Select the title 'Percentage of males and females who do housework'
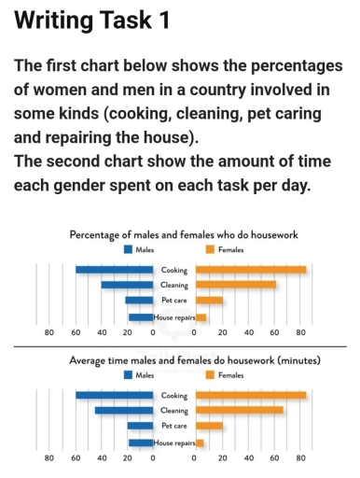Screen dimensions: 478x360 184,234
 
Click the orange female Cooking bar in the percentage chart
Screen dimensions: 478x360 251,270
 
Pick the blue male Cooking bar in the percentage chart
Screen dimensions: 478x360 114,270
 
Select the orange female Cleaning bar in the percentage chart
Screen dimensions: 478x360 236,285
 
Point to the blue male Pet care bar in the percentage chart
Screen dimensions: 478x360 139,301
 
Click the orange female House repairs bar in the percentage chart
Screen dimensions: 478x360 201,316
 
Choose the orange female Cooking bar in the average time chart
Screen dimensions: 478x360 251,395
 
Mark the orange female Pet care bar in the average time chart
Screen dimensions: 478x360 209,426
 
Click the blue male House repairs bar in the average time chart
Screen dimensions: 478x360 141,442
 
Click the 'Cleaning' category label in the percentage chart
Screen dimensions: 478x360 173,286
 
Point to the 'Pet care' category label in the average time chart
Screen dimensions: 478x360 173,426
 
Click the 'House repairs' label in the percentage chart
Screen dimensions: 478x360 173,317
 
